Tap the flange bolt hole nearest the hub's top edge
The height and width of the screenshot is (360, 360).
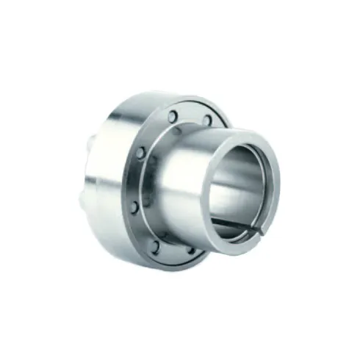pos(207,120)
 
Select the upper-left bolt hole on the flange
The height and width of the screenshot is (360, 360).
pos(140,153)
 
